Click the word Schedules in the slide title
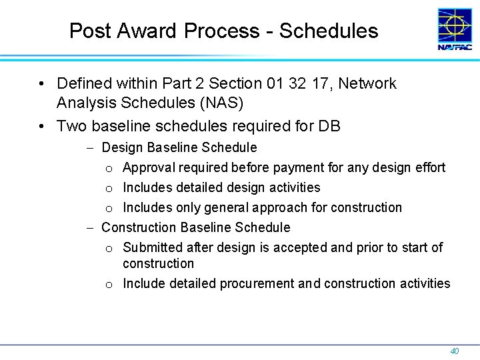coord(329,31)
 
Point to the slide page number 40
coord(455,351)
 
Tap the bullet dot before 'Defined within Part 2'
coord(41,84)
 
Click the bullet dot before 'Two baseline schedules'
coord(41,126)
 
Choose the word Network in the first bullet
coord(369,84)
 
